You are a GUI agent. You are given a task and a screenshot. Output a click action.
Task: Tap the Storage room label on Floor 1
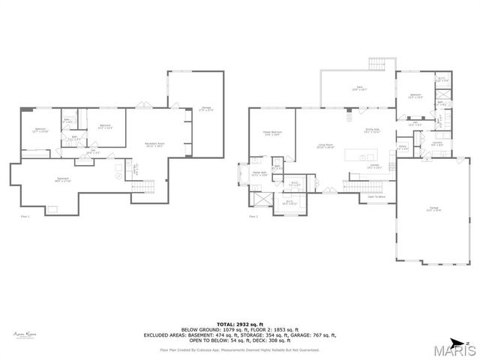coord(206,109)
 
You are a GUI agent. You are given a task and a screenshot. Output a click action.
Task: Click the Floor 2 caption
coord(253,216)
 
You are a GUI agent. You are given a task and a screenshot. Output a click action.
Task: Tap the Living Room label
coord(325,145)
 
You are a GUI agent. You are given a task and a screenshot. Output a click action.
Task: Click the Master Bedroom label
coord(271,133)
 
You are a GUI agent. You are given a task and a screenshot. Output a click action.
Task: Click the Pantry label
coord(402,147)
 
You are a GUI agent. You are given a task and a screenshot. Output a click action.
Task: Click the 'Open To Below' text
coord(376,196)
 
